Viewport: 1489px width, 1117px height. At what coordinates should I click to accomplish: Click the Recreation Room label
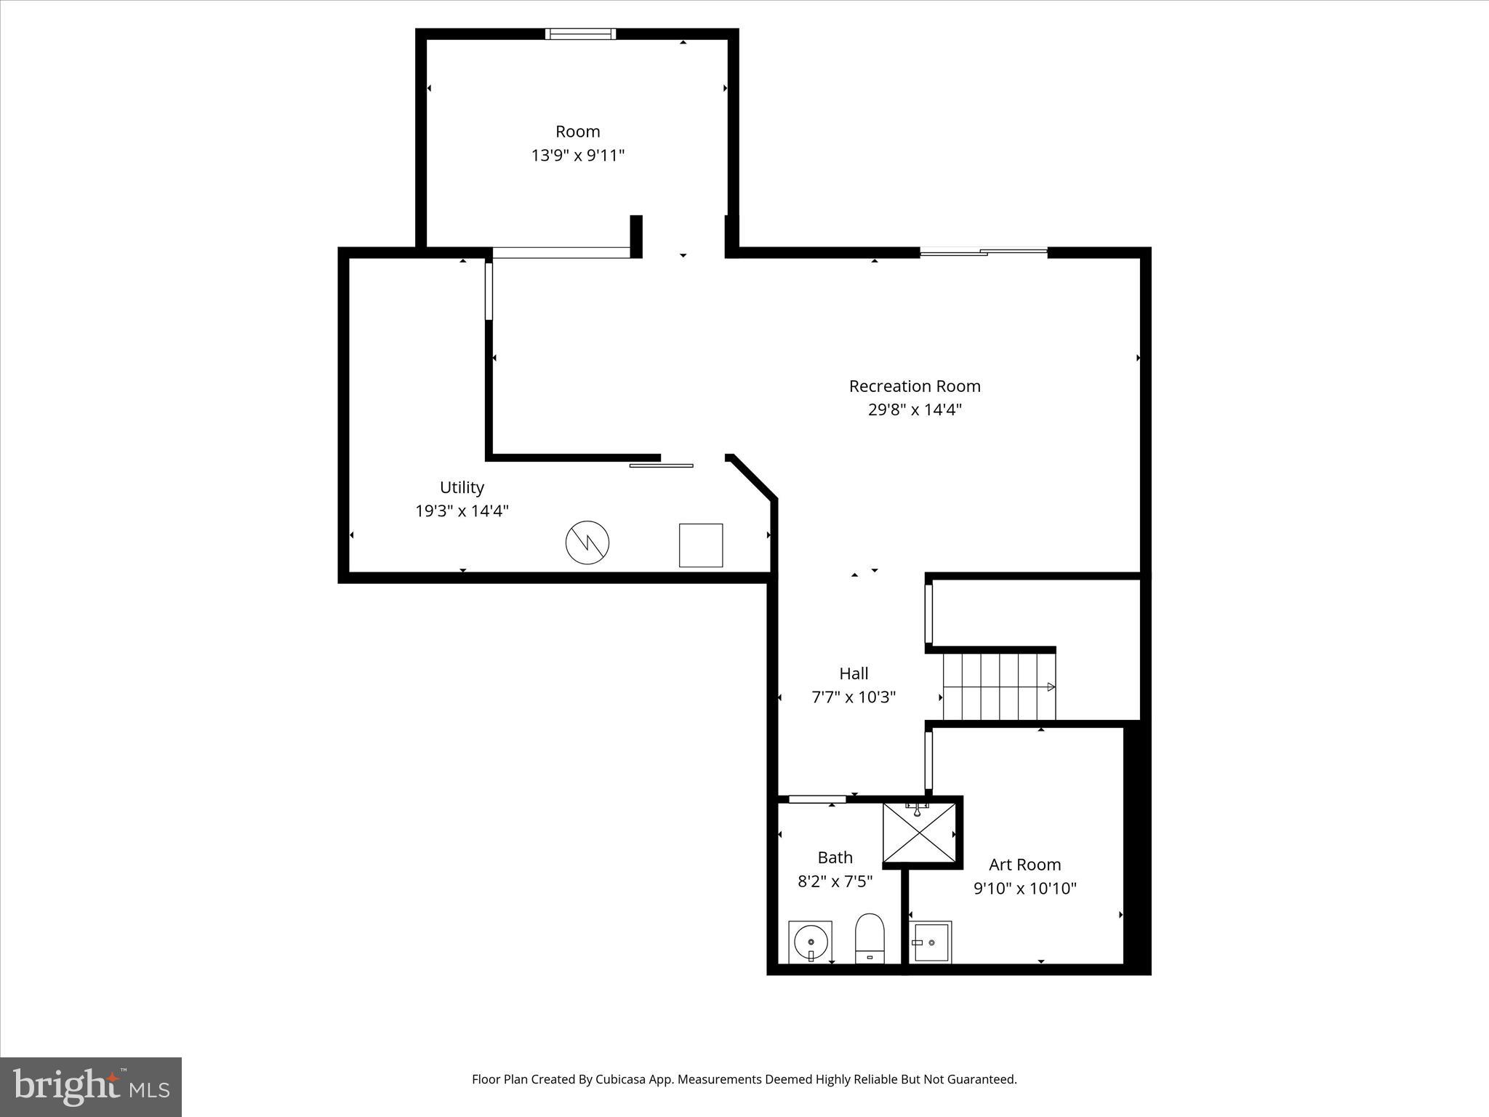[x=915, y=386]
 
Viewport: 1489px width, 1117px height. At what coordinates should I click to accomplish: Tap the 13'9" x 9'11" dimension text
[x=578, y=156]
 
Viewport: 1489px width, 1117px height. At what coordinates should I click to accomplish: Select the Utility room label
[x=462, y=487]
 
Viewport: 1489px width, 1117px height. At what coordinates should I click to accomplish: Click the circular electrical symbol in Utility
[x=587, y=543]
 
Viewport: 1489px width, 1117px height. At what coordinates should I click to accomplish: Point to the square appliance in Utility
[x=701, y=545]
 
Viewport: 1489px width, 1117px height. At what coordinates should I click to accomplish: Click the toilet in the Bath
[x=869, y=938]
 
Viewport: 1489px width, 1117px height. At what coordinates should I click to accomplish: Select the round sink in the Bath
[x=811, y=942]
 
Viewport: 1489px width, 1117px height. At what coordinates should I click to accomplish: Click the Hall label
[x=854, y=673]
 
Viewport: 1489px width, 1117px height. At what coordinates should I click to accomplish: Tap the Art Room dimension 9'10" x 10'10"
[x=1024, y=889]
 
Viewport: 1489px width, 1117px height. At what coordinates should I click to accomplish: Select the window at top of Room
[x=580, y=33]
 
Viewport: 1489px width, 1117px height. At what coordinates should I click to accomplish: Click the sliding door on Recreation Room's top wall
[x=984, y=252]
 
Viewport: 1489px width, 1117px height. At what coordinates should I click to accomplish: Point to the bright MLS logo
[x=91, y=1086]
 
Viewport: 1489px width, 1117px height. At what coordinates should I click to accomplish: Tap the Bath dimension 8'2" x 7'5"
[x=835, y=881]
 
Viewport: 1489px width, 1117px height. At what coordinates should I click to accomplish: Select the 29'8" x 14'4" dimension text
[x=915, y=409]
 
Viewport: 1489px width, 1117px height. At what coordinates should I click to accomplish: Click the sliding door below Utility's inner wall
[x=661, y=465]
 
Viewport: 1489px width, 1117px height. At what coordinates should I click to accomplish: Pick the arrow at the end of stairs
[x=1051, y=686]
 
